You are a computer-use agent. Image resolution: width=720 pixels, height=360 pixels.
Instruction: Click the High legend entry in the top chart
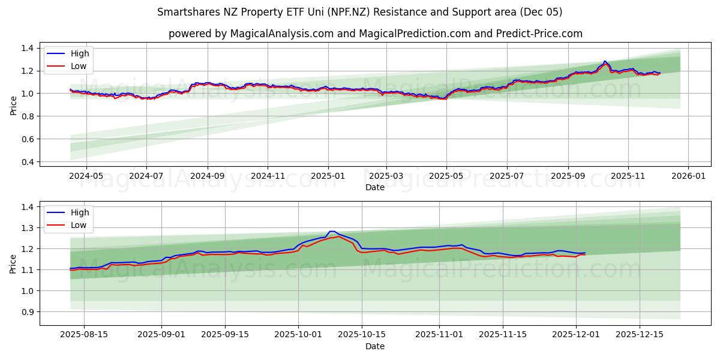point(79,53)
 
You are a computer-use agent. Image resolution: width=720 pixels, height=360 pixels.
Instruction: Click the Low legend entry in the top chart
point(78,66)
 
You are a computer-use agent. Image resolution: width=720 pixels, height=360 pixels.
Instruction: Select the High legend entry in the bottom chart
point(79,212)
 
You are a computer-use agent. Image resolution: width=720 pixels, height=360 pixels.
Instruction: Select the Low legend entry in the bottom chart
point(78,225)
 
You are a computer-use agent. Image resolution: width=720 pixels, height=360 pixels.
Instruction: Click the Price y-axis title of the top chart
point(13,104)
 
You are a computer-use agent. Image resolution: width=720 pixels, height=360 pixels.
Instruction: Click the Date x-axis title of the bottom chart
point(375,346)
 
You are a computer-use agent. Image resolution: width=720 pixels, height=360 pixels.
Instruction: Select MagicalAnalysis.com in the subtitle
point(283,34)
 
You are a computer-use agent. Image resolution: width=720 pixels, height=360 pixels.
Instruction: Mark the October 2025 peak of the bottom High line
point(332,232)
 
